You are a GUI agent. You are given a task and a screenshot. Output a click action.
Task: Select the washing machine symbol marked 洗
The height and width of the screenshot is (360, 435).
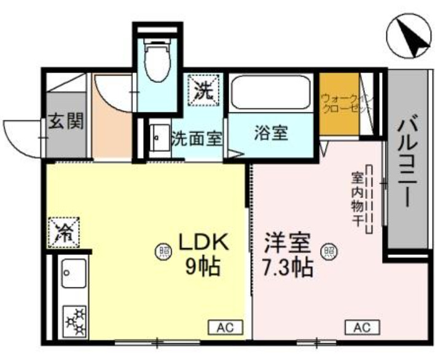pos(203,92)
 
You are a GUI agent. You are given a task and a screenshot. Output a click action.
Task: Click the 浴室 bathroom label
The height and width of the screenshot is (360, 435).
pos(271,133)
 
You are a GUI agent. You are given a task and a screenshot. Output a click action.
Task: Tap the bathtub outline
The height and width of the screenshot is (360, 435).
pos(271,94)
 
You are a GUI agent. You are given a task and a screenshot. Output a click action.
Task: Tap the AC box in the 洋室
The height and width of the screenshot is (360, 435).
pos(362,327)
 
